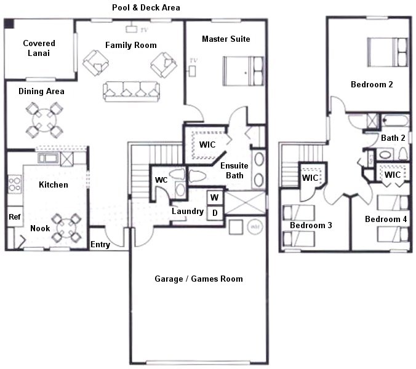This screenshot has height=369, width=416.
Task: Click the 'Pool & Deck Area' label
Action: point(146,8)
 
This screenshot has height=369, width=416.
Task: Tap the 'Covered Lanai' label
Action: point(39,48)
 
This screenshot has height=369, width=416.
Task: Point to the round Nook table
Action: point(66,228)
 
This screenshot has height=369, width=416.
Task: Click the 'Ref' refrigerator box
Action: point(14,216)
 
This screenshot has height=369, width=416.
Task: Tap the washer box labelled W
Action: point(214,198)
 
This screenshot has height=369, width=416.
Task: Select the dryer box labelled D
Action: point(214,212)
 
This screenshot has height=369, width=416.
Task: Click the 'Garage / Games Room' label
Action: point(198,279)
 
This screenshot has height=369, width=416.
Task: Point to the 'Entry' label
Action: point(100,245)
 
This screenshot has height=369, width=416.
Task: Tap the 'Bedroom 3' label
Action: point(311,226)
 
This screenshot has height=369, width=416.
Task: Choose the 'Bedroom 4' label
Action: point(385,219)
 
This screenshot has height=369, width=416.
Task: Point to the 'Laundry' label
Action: point(188,212)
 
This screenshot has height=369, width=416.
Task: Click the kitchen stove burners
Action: point(14,183)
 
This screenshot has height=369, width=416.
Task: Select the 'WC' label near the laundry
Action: point(161,180)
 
